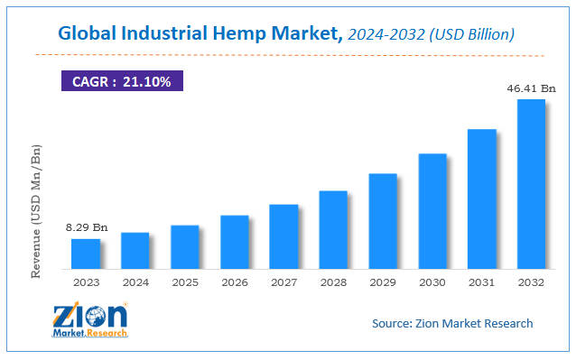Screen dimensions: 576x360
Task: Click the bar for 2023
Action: click(x=86, y=254)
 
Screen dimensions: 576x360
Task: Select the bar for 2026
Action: click(x=235, y=242)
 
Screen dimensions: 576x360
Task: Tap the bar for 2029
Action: click(x=383, y=221)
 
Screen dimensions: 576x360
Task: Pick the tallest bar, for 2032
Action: click(x=531, y=184)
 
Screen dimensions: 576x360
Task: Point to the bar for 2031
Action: click(x=481, y=198)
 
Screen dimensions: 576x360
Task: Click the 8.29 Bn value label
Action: click(x=87, y=227)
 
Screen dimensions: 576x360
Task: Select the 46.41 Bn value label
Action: click(x=531, y=88)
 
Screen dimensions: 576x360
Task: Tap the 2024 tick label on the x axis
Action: click(x=135, y=282)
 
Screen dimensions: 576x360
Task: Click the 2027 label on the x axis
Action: click(x=284, y=282)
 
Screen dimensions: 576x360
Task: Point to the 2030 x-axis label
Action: click(x=432, y=282)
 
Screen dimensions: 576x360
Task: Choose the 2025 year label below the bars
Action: click(x=185, y=282)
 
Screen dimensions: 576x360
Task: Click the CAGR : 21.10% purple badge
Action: click(x=122, y=80)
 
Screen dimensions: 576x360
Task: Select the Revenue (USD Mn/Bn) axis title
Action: click(x=36, y=211)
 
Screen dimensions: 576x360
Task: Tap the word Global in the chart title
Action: click(x=88, y=33)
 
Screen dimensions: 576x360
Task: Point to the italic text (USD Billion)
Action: click(x=472, y=34)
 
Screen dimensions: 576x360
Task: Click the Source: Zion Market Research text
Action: click(x=452, y=323)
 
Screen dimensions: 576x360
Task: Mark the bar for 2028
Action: click(x=333, y=230)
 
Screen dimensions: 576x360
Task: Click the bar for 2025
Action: click(x=185, y=247)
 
